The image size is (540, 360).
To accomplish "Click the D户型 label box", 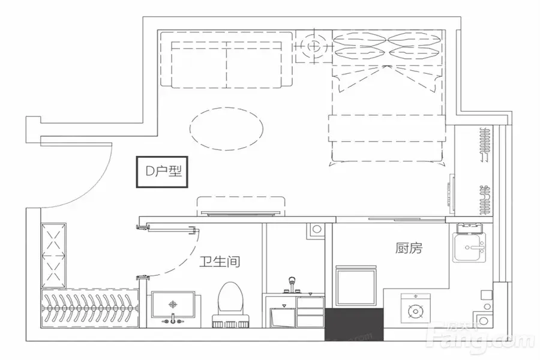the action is tap(162, 172).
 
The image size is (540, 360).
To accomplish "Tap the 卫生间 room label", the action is tap(220, 262).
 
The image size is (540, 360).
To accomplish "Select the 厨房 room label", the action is tap(409, 248).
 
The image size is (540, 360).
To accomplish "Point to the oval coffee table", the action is tap(226, 128).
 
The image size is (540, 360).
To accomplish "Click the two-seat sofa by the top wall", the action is tap(226, 59).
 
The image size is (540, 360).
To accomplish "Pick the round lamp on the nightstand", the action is tap(314, 46).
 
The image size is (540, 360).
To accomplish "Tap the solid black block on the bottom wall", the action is tap(354, 325).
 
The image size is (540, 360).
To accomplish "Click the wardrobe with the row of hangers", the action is tap(90, 308).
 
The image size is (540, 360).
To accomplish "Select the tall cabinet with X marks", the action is tap(54, 255).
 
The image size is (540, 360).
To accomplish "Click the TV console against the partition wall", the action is tap(241, 206).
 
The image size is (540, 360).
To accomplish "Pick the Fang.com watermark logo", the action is tap(480, 336).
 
